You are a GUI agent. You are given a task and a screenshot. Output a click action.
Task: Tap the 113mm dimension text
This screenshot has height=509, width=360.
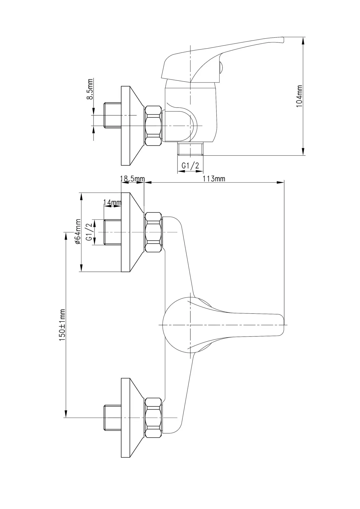point(214,179)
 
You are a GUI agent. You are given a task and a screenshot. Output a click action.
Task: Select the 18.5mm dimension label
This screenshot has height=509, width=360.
point(132,179)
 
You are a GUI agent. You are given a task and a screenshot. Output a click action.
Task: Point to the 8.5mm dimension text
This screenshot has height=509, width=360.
point(90,89)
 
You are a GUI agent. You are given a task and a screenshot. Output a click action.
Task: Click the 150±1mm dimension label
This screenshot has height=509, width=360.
point(62,325)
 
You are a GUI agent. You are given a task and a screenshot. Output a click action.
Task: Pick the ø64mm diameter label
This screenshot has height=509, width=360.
point(77,232)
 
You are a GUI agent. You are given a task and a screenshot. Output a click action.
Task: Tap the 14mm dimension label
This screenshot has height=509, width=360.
point(112,202)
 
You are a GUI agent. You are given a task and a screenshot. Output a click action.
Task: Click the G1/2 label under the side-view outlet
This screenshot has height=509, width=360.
point(191,166)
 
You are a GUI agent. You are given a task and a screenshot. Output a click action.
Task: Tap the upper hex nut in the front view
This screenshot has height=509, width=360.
point(153,232)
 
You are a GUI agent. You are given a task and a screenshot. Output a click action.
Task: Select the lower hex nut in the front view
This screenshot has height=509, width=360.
point(153,418)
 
